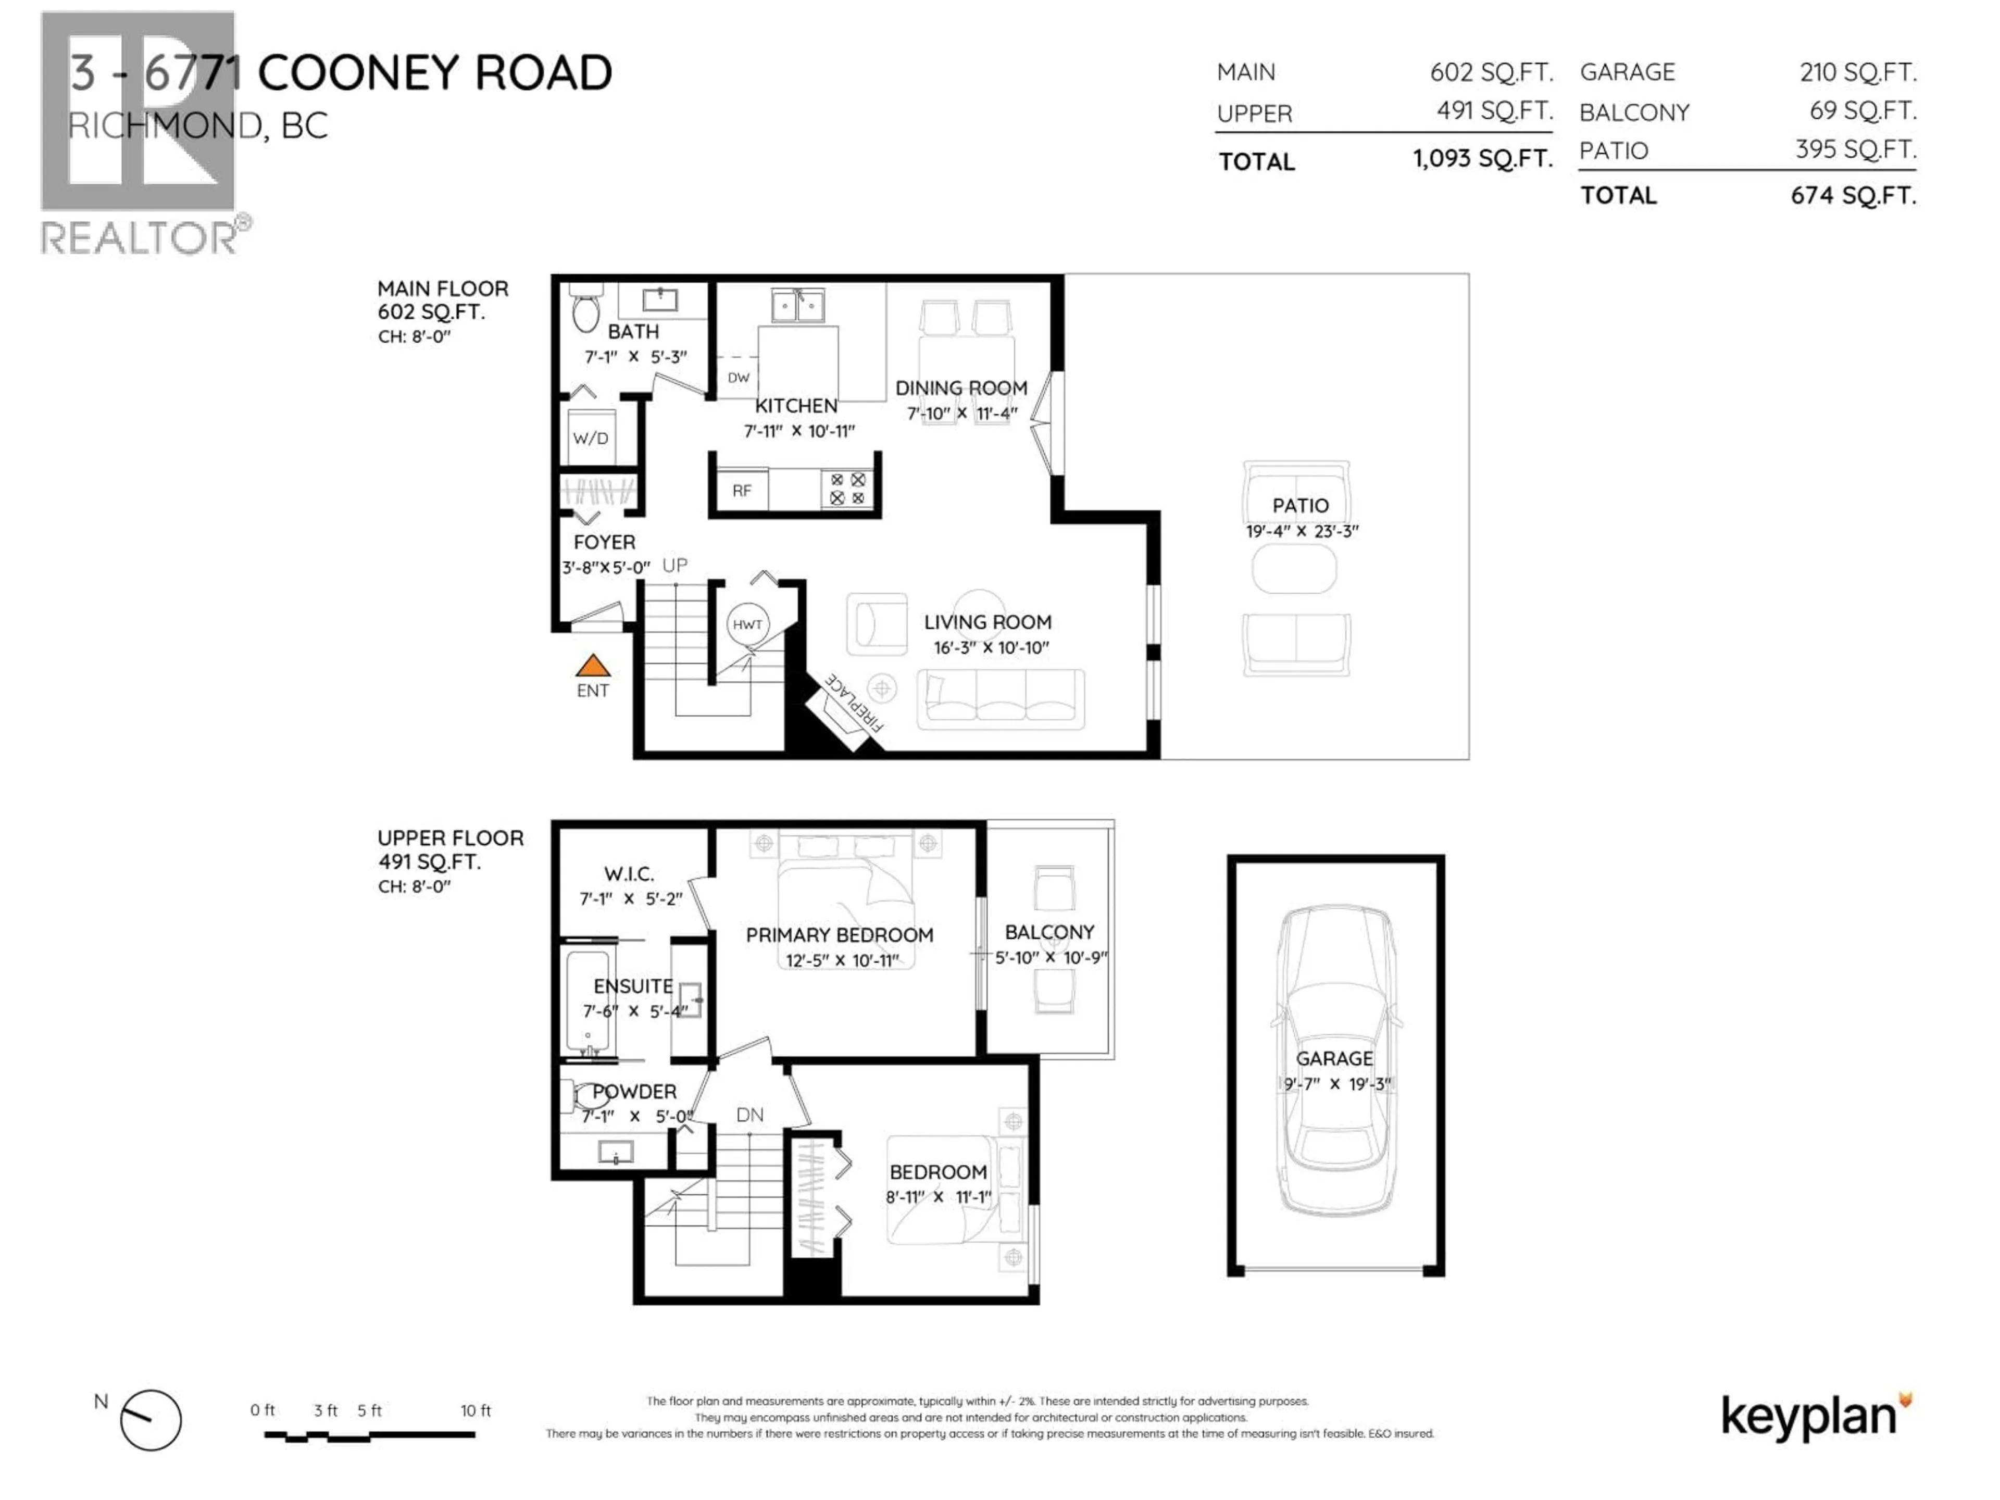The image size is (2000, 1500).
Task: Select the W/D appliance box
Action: click(x=591, y=439)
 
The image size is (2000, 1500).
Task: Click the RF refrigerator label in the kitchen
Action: click(x=742, y=491)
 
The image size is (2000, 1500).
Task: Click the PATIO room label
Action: click(x=1300, y=505)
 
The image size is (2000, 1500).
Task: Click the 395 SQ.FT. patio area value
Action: click(x=1855, y=149)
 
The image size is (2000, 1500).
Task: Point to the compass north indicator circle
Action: click(x=151, y=1419)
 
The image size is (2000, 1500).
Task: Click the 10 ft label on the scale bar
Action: click(x=476, y=1410)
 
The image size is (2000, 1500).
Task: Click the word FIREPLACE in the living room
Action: click(x=854, y=702)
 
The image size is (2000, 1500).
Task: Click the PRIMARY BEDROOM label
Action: click(x=839, y=935)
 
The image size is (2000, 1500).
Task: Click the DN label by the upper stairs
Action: click(x=749, y=1115)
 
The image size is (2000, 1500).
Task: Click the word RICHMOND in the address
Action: click(x=166, y=126)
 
